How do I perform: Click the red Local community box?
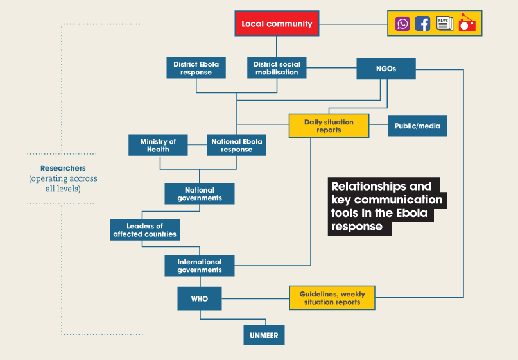[x=277, y=24]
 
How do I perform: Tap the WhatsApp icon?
[x=402, y=24]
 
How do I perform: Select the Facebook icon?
[x=422, y=24]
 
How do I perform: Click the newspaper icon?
[x=444, y=24]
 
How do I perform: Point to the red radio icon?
[x=467, y=24]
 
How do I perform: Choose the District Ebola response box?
[x=196, y=68]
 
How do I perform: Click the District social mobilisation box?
[x=277, y=68]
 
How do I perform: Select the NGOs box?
[x=386, y=68]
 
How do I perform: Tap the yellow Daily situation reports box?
[x=329, y=126]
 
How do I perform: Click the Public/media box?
[x=417, y=126]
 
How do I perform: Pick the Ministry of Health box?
[x=158, y=145]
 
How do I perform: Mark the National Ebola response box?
[x=237, y=145]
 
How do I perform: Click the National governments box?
[x=200, y=194]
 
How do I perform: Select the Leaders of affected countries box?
[x=144, y=230]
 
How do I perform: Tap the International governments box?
[x=200, y=266]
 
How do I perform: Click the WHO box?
[x=200, y=298]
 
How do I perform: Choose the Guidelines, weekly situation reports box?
[x=331, y=298]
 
